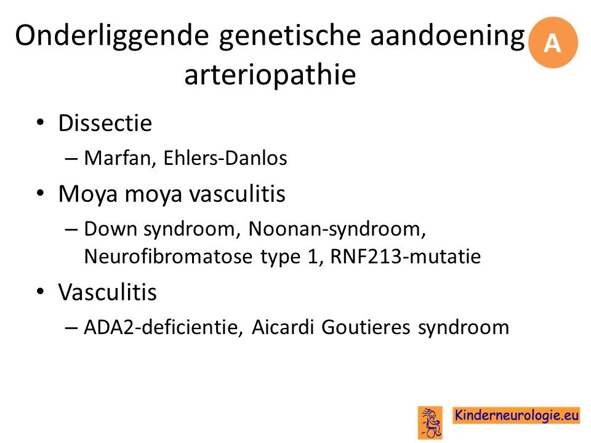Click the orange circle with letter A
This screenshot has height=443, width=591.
[553, 42]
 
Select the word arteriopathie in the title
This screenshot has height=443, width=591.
[270, 74]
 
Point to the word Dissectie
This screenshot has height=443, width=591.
[105, 123]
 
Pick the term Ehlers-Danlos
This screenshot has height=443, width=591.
[225, 158]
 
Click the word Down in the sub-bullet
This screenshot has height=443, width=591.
[110, 229]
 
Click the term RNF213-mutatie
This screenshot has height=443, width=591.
[406, 257]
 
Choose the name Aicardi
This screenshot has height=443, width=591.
[283, 327]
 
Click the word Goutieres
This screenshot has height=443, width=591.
[366, 327]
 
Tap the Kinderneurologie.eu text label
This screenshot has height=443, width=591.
[517, 415]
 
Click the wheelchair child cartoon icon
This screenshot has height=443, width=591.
[430, 422]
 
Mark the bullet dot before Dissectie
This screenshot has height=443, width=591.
[41, 122]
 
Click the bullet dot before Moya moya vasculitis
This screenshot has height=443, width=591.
[41, 193]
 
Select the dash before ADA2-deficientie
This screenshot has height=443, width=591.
[71, 328]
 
